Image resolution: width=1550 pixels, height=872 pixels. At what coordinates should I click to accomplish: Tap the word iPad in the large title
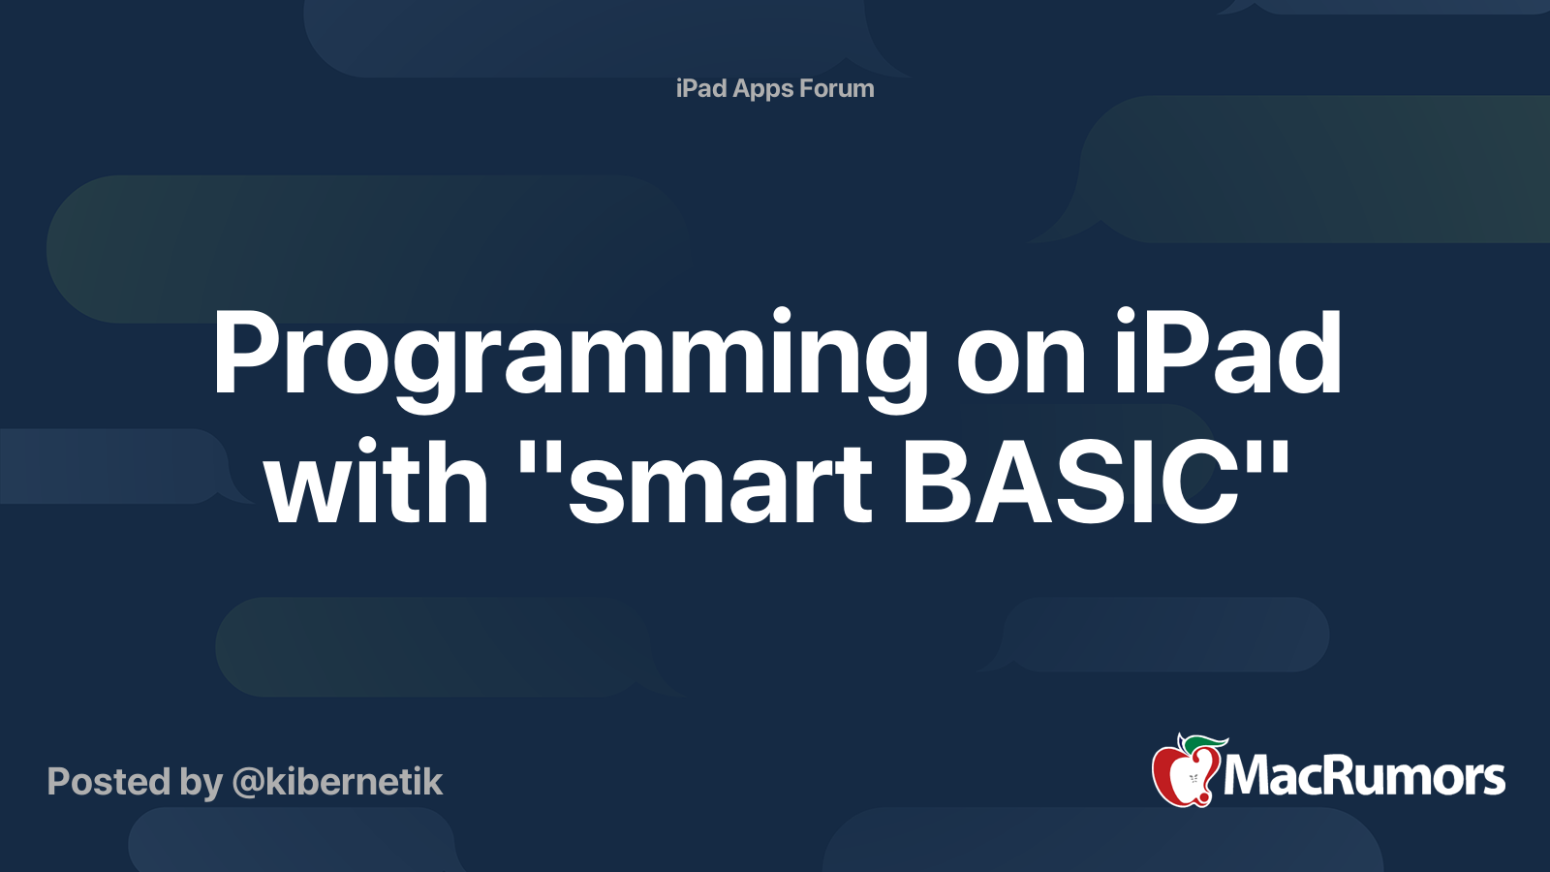tap(1228, 353)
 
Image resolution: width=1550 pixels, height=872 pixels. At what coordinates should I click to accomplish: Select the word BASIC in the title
tap(1070, 483)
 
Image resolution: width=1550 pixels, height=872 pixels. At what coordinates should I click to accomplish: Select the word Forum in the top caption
tap(837, 88)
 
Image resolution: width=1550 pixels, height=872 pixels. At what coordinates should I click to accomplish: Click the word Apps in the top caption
tap(763, 89)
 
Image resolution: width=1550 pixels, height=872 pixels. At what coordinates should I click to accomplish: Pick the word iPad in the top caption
tap(701, 88)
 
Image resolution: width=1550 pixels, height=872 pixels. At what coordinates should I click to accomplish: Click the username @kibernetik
tap(337, 782)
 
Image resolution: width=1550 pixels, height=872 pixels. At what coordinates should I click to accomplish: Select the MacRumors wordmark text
tap(1364, 776)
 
